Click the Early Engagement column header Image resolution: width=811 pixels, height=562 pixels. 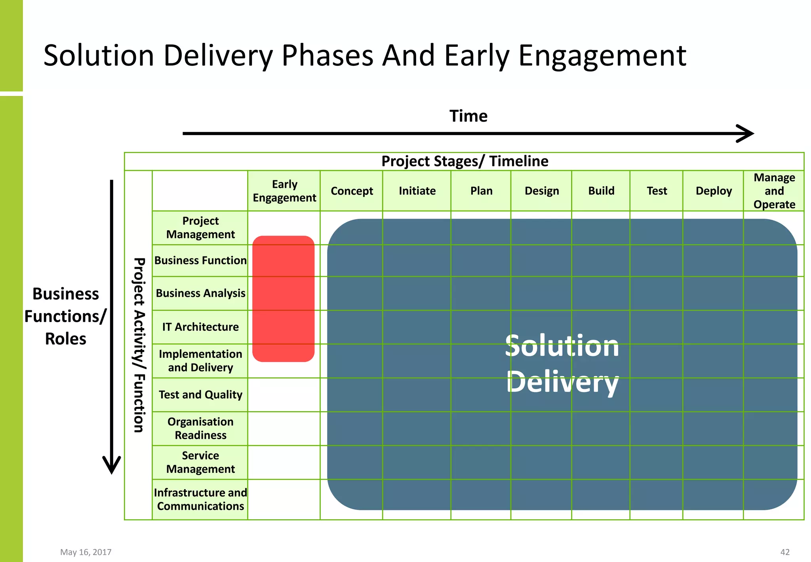284,191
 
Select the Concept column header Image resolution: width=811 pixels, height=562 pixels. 351,191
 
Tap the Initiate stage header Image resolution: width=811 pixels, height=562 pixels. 417,191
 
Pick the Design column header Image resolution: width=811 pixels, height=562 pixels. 541,191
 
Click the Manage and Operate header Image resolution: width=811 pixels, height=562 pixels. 774,191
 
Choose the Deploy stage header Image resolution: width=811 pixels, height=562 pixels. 713,191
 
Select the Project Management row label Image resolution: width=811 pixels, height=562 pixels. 200,227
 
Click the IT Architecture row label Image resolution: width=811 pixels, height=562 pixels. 200,327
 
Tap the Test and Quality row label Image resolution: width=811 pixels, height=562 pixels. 200,395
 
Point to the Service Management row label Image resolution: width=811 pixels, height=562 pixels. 200,462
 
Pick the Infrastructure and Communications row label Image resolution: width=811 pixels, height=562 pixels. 200,499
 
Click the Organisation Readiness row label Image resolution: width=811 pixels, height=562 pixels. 200,428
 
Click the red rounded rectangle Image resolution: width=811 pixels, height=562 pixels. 283,299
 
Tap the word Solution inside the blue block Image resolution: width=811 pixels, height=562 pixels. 562,346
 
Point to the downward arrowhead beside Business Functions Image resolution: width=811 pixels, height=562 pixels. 112,466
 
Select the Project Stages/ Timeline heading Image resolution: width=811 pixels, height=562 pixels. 465,161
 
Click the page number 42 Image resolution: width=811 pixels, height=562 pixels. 784,552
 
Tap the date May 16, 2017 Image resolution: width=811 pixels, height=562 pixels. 86,552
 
